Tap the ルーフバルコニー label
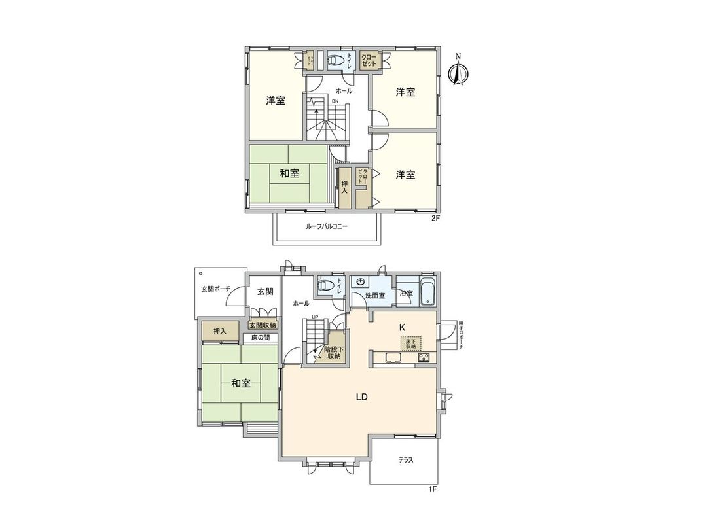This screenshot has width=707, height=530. pyautogui.click(x=327, y=226)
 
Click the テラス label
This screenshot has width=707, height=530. pyautogui.click(x=406, y=460)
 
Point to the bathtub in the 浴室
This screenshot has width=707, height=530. pyautogui.click(x=427, y=292)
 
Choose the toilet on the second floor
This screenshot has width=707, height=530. pyautogui.click(x=335, y=61)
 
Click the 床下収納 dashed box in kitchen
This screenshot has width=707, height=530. pyautogui.click(x=410, y=343)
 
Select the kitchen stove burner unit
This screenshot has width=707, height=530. pyautogui.click(x=423, y=357)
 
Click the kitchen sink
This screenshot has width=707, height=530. pyautogui.click(x=391, y=357)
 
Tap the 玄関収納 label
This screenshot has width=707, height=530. pyautogui.click(x=263, y=325)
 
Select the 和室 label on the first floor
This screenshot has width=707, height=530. pyautogui.click(x=241, y=383)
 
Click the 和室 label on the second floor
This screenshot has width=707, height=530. pyautogui.click(x=289, y=173)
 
